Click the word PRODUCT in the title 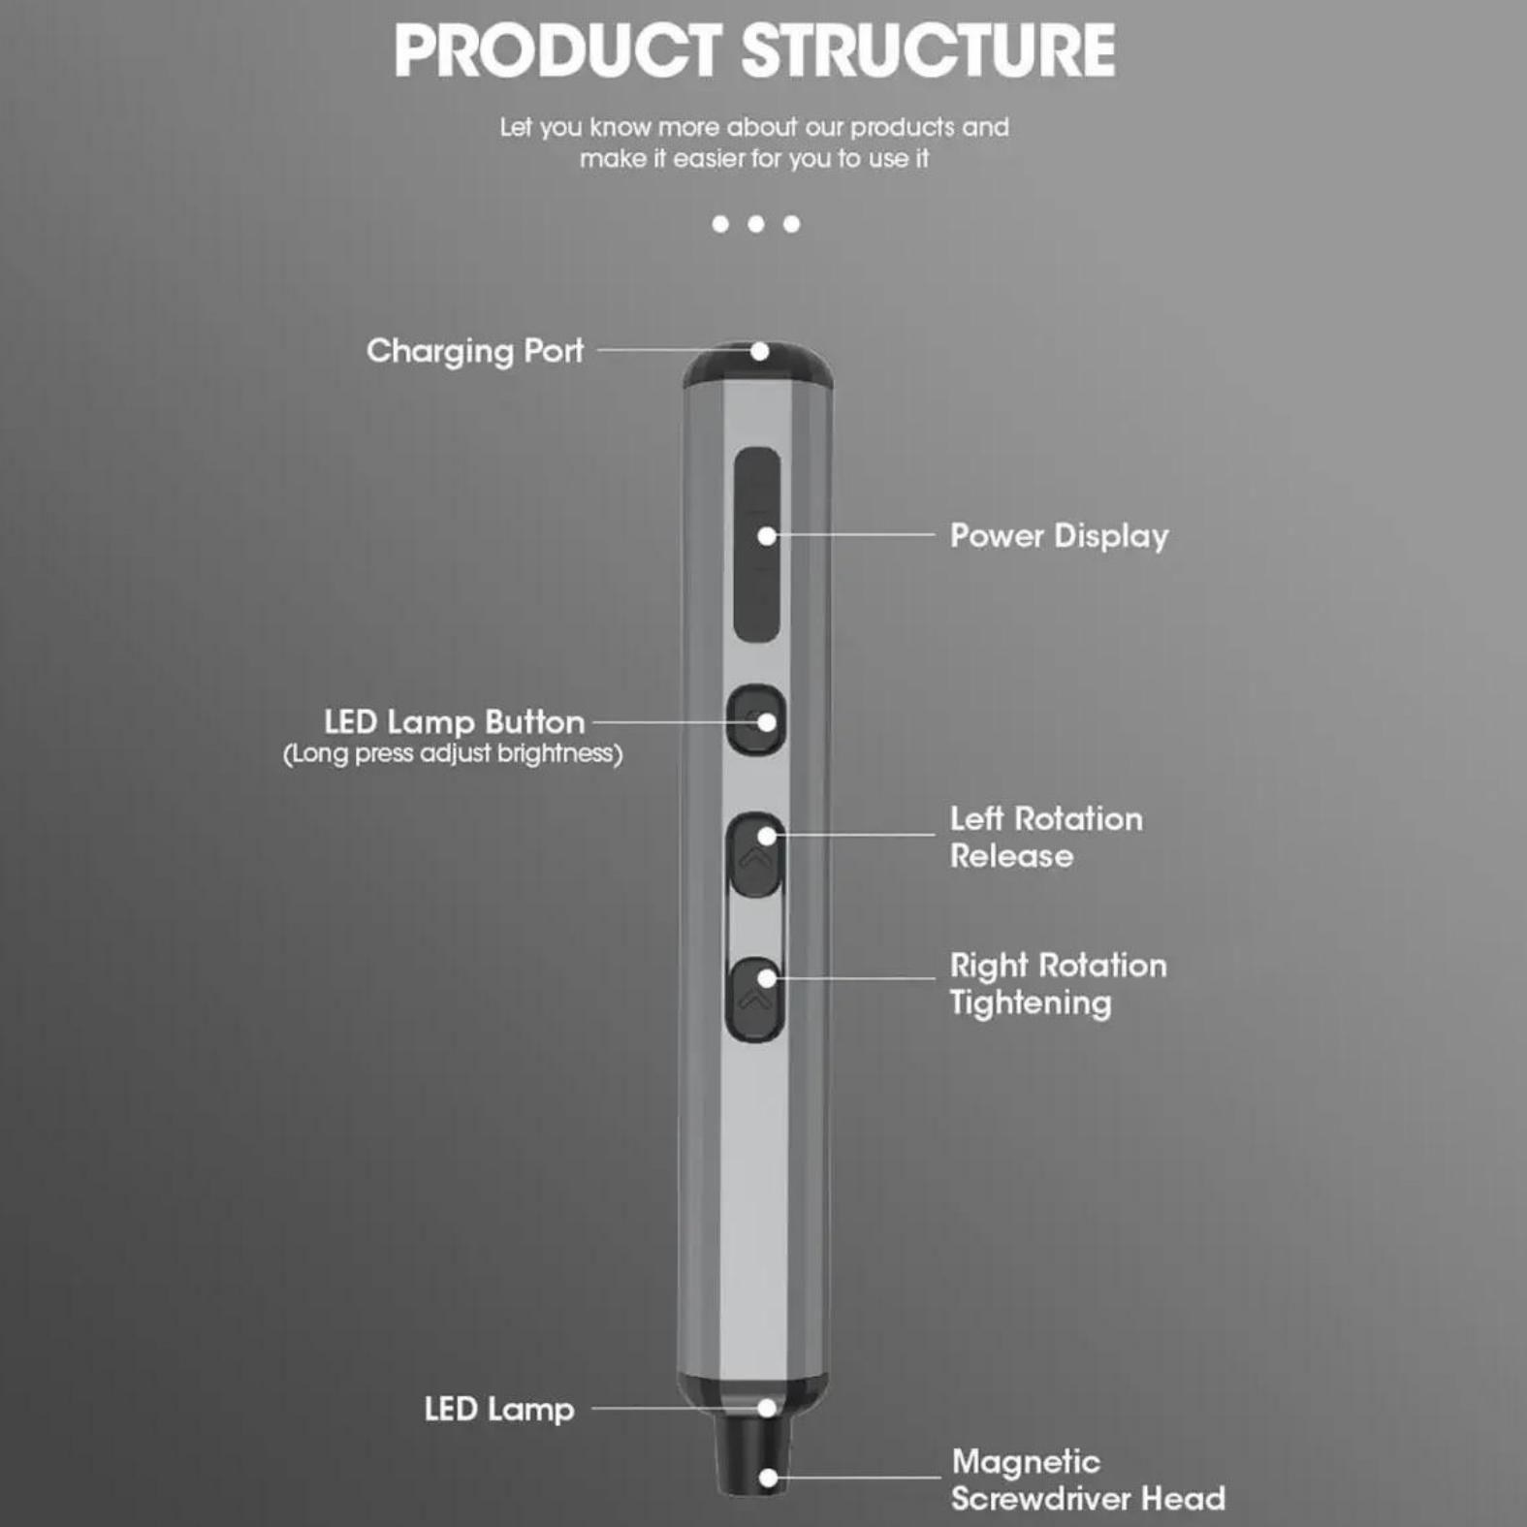pyautogui.click(x=557, y=50)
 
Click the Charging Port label pyautogui.click(x=475, y=351)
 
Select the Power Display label pyautogui.click(x=1059, y=536)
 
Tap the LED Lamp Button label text pyautogui.click(x=455, y=722)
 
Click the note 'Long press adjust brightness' pyautogui.click(x=453, y=754)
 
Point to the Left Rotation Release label pyautogui.click(x=1046, y=837)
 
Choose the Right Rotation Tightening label pyautogui.click(x=1058, y=983)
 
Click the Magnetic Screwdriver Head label pyautogui.click(x=1088, y=1479)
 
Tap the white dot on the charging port pyautogui.click(x=760, y=351)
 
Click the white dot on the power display pyautogui.click(x=767, y=535)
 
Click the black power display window pyautogui.click(x=756, y=545)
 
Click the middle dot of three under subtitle pyautogui.click(x=756, y=224)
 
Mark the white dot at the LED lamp pyautogui.click(x=767, y=1408)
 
